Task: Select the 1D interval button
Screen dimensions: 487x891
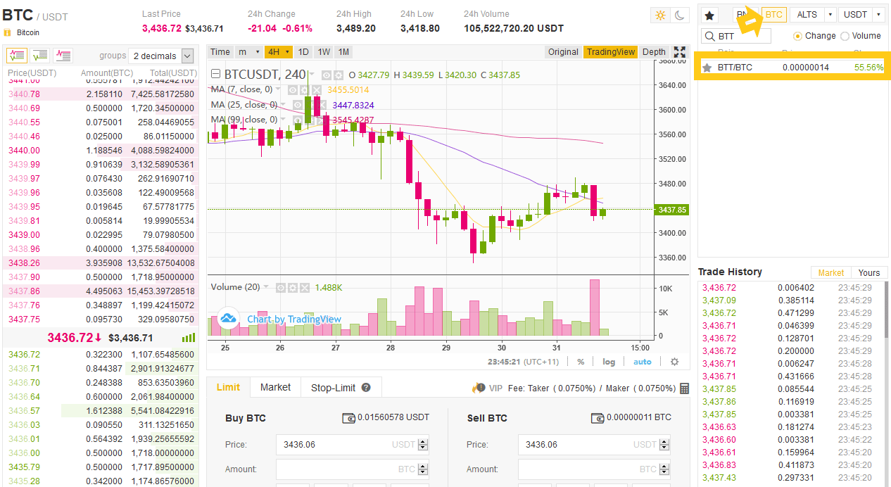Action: [x=303, y=52]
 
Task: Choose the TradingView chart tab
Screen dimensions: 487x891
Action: [x=610, y=52]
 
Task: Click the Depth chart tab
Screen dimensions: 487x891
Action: [x=654, y=52]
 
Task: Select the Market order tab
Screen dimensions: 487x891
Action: [x=275, y=387]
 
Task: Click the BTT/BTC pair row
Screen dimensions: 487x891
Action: [x=792, y=68]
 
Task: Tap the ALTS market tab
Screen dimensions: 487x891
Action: [x=807, y=15]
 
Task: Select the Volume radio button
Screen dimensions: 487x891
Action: [x=845, y=36]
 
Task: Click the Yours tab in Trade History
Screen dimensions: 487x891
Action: [x=868, y=273]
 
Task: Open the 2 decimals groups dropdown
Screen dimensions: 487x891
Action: [x=162, y=56]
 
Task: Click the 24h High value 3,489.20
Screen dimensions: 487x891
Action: [x=355, y=29]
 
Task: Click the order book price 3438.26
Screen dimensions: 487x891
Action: [x=24, y=263]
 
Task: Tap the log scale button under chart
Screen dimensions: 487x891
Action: [x=608, y=362]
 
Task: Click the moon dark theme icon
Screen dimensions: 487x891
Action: [x=680, y=15]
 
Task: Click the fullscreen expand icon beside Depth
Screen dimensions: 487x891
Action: [x=679, y=52]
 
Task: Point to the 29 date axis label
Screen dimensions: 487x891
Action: [x=445, y=348]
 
